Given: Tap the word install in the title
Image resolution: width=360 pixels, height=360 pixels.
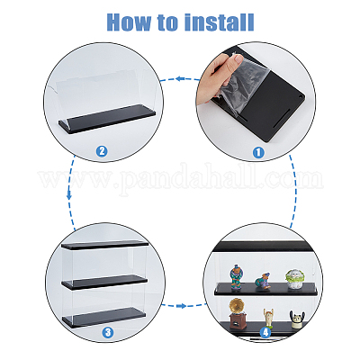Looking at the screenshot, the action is [x=219, y=22].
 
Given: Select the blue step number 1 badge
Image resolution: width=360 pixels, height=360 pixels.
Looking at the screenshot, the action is [x=258, y=152].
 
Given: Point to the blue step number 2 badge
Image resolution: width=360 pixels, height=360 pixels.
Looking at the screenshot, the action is [x=102, y=151].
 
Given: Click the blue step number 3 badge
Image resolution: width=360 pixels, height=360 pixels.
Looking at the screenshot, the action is [x=108, y=332].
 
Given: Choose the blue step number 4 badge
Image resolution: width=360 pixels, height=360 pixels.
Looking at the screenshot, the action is [x=265, y=332].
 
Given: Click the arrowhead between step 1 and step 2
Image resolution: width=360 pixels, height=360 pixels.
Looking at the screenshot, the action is [x=179, y=78].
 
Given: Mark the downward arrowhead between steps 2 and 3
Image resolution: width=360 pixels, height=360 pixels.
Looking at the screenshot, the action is [x=69, y=196].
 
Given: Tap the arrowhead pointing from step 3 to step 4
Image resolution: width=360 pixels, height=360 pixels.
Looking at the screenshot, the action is [x=181, y=306].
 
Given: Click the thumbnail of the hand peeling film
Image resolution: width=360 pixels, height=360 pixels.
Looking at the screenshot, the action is [x=256, y=102].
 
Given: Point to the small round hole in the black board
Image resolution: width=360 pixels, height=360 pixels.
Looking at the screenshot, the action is [x=301, y=95].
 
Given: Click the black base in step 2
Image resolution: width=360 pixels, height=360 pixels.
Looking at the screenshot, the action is [x=107, y=119].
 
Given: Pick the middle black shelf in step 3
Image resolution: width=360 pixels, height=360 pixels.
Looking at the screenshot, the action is [x=104, y=282].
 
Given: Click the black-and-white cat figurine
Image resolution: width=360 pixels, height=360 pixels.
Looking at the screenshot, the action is [x=297, y=319].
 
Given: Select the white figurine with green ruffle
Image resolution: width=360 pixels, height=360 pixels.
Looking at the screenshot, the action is [x=293, y=279].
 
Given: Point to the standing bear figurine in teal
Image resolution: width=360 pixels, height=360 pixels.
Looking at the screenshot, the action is [x=237, y=277].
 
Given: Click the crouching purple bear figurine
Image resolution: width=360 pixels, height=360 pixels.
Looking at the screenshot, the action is [x=263, y=281].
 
